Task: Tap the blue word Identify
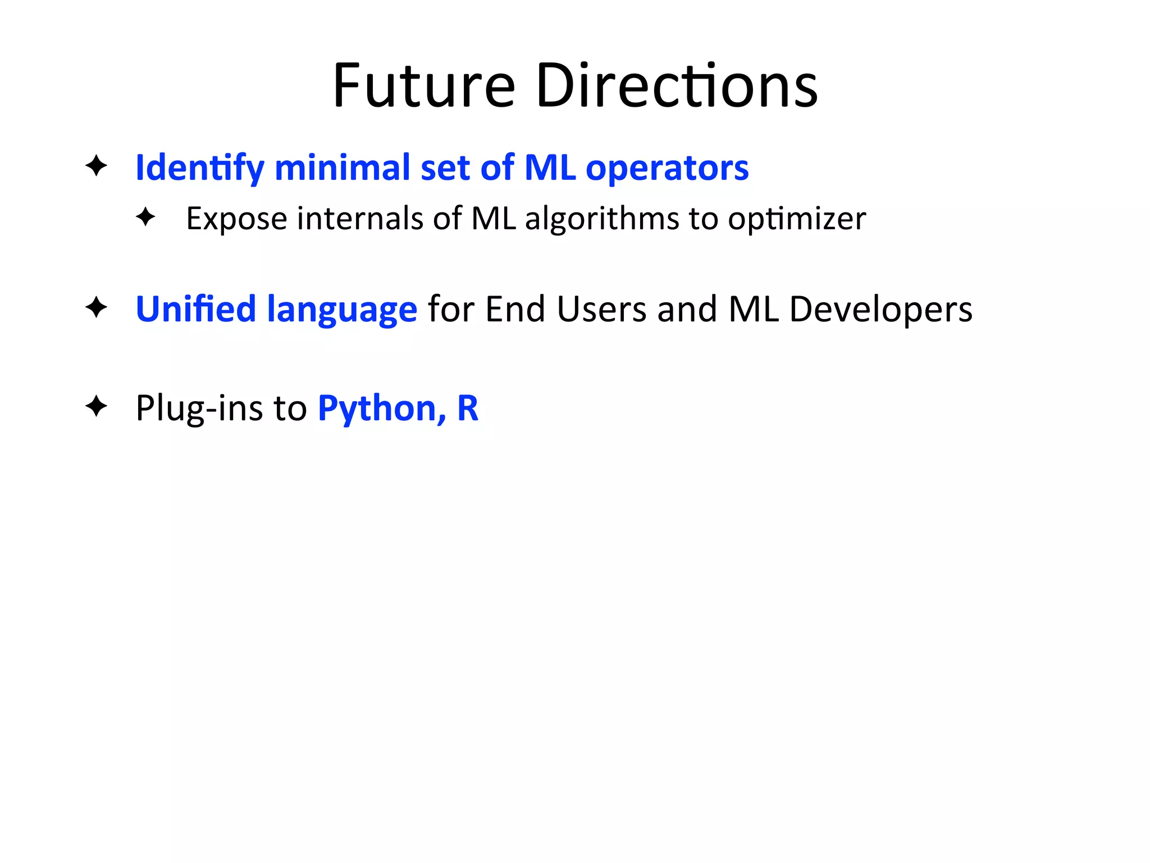[x=199, y=168]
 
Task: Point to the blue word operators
[x=667, y=168]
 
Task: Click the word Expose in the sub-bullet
[x=236, y=219]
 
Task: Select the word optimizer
[x=797, y=219]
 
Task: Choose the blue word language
[x=342, y=310]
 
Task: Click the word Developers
[x=880, y=310]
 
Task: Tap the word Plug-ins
[x=199, y=408]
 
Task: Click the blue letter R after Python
[x=468, y=408]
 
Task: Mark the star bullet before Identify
[x=96, y=166]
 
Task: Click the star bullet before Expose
[x=145, y=217]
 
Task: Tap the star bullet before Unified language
[x=96, y=307]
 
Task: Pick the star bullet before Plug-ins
[x=96, y=406]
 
